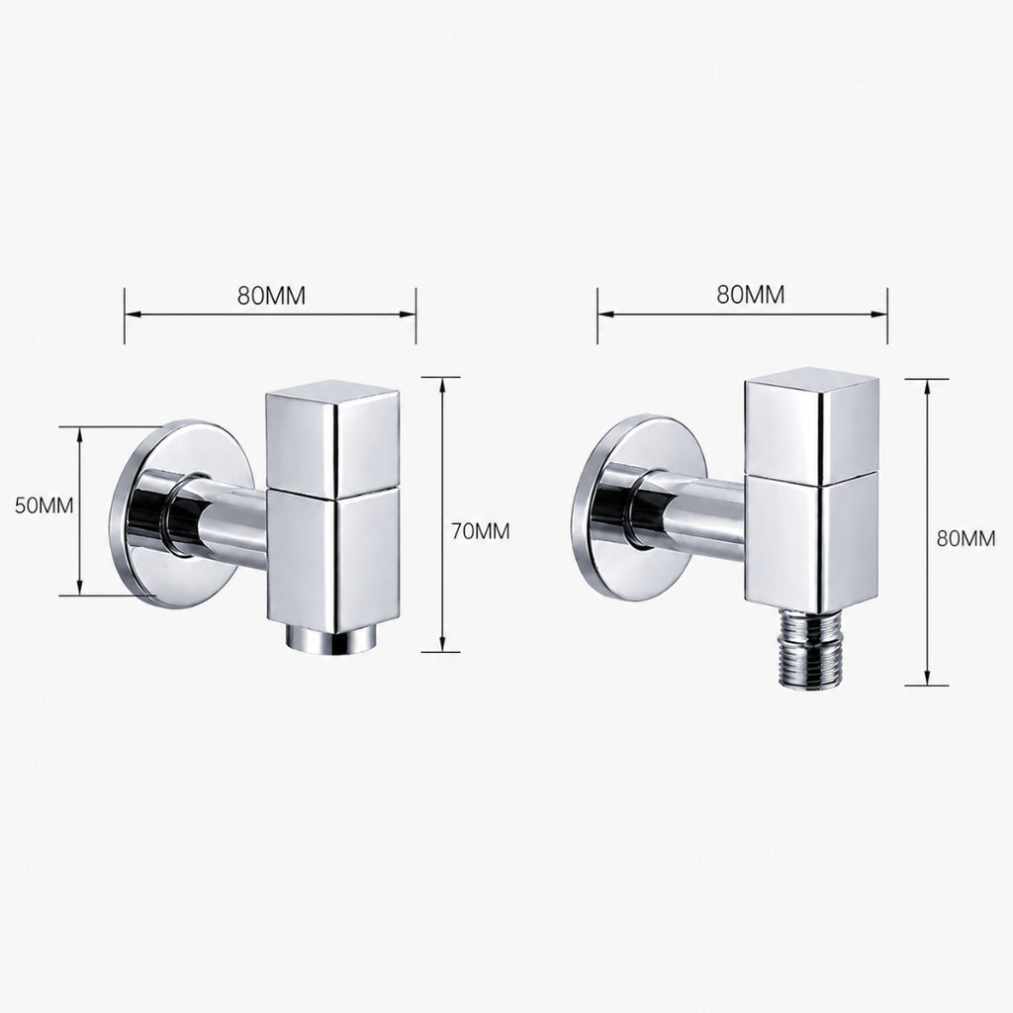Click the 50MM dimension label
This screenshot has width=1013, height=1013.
[x=44, y=506]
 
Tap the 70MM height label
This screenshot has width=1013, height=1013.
[x=480, y=531]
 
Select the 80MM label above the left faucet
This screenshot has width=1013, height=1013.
[x=271, y=295]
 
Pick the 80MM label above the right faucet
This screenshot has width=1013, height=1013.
[x=751, y=294]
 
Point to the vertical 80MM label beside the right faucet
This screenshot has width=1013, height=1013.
[x=966, y=538]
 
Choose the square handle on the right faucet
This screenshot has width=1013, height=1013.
[x=811, y=426]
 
